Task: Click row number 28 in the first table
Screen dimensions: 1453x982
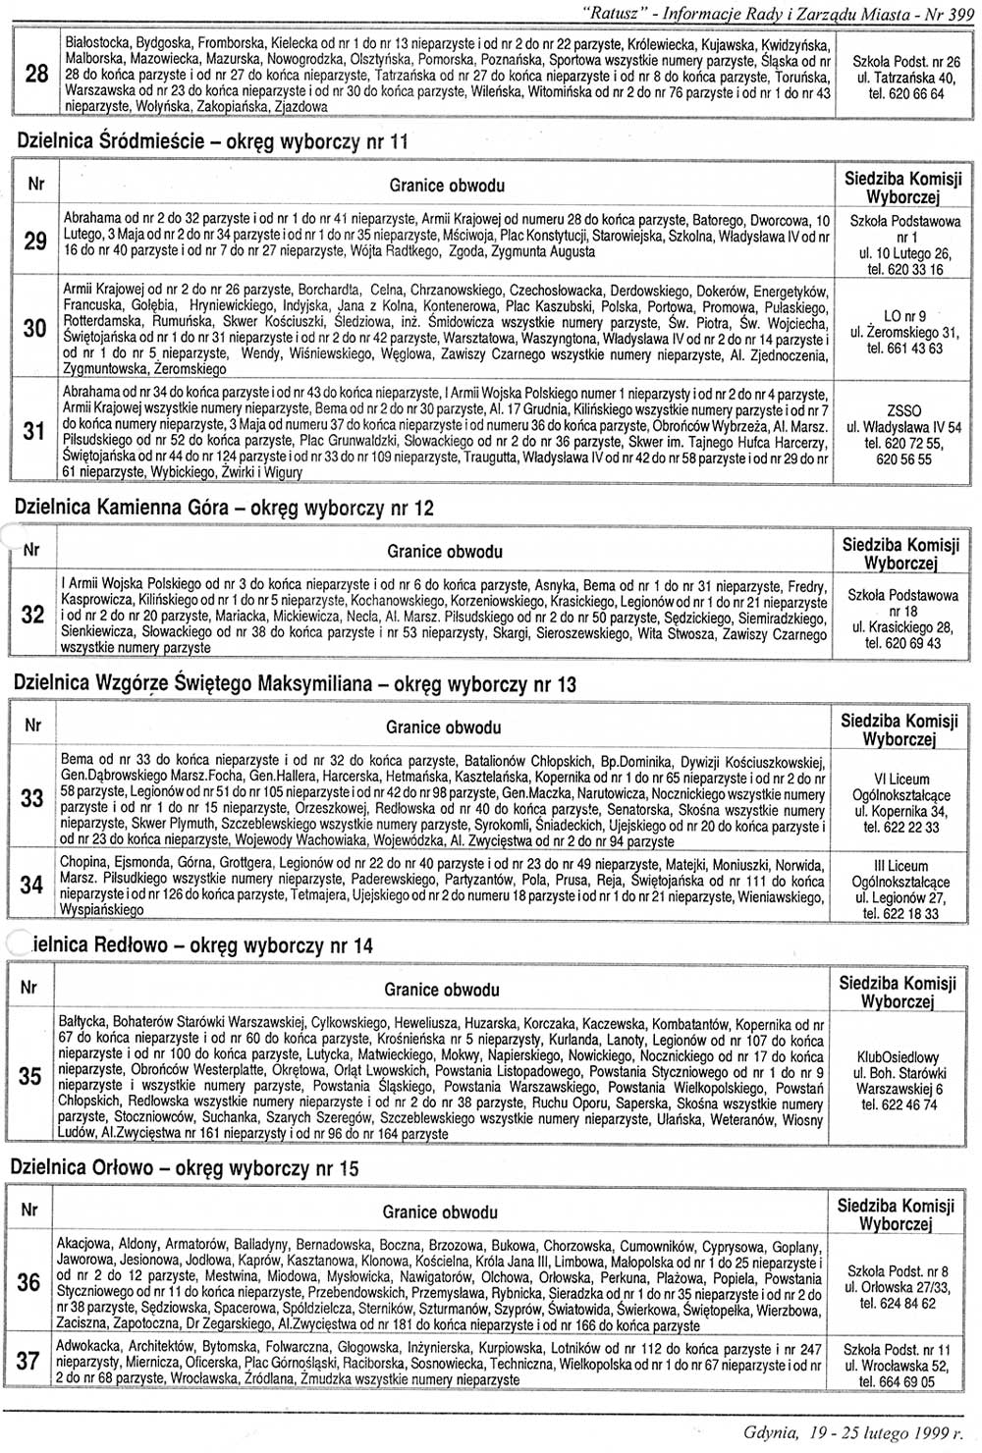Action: pyautogui.click(x=35, y=74)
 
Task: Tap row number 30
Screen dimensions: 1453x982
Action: pyautogui.click(x=35, y=328)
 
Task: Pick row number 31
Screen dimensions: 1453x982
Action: pyautogui.click(x=35, y=430)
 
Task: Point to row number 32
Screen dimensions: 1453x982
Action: pyautogui.click(x=33, y=615)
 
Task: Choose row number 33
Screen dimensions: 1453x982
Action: pyautogui.click(x=33, y=798)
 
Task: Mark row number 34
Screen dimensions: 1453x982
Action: pyautogui.click(x=32, y=884)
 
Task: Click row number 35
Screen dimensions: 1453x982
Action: pyautogui.click(x=31, y=1076)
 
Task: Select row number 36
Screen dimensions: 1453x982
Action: pyautogui.click(x=30, y=1281)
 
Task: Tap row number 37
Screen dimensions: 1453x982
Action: pyautogui.click(x=29, y=1361)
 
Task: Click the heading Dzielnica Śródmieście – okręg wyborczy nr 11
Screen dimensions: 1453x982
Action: pyautogui.click(x=212, y=141)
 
